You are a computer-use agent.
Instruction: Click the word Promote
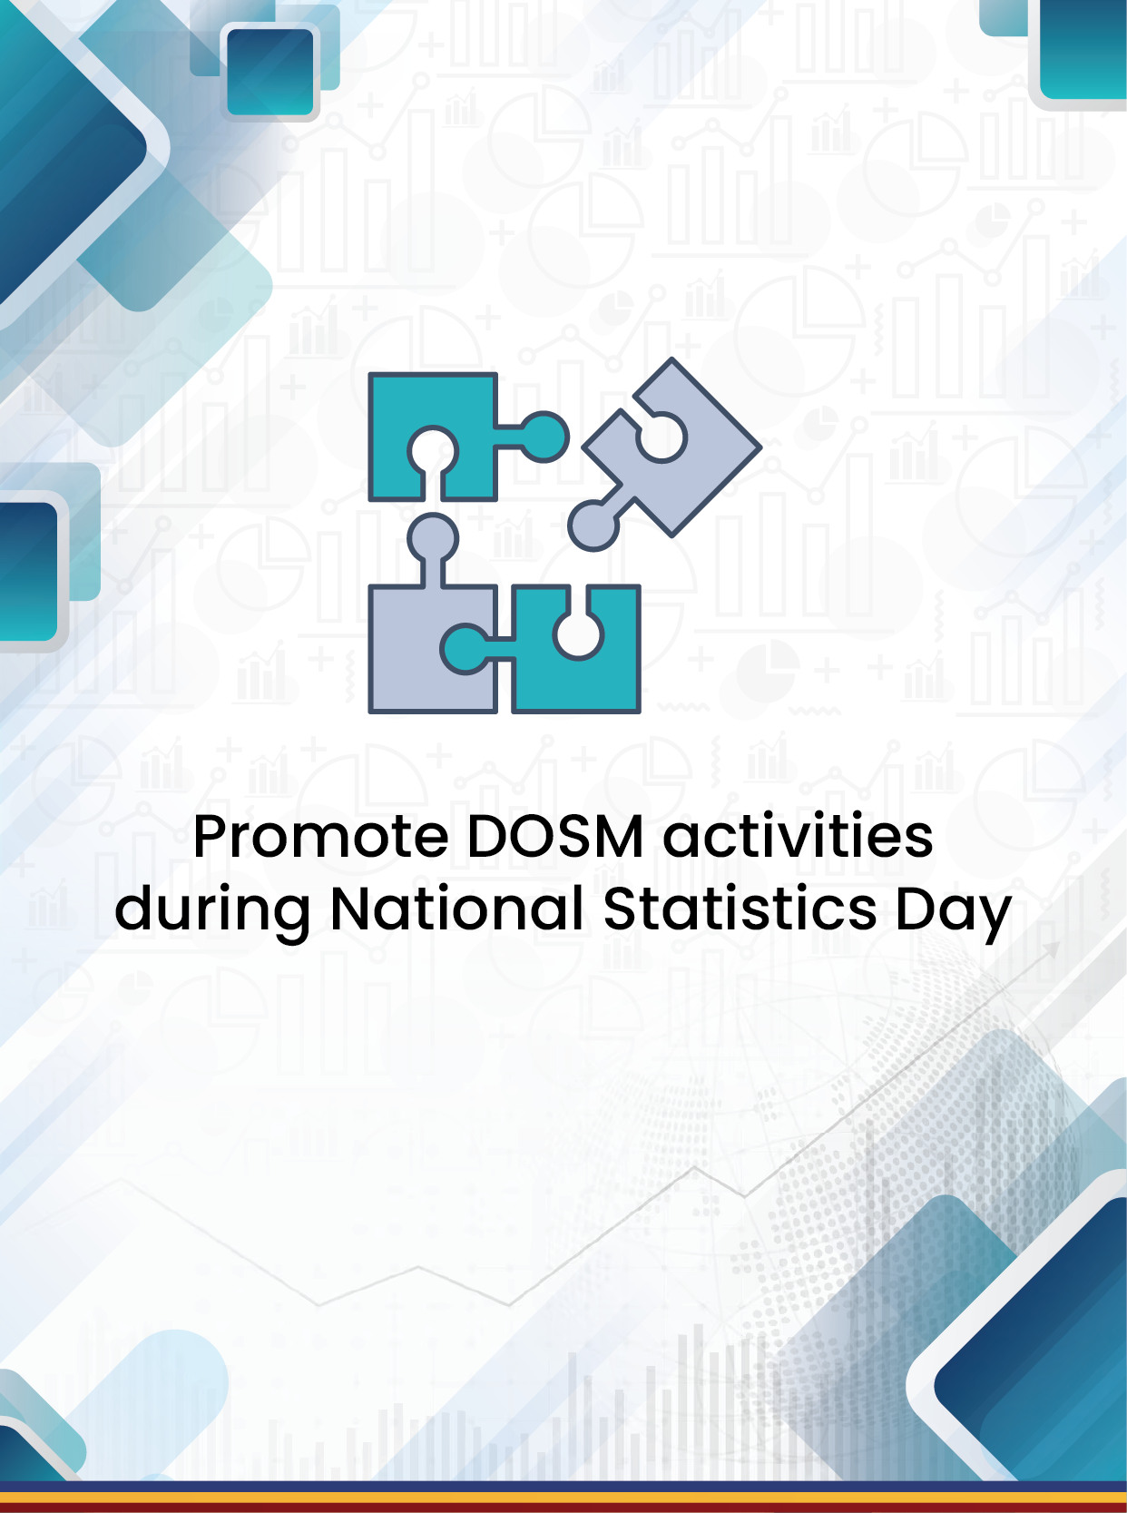click(x=320, y=836)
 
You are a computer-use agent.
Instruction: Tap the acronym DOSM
click(x=555, y=836)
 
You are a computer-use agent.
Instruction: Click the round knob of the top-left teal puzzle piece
click(x=544, y=437)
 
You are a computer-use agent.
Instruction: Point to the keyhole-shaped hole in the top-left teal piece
click(x=433, y=458)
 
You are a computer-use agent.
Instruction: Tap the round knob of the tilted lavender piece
click(x=593, y=526)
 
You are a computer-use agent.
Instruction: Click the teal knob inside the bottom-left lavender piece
click(x=465, y=648)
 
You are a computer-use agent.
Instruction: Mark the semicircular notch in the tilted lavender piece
click(x=661, y=437)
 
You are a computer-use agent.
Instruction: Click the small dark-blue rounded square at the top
click(x=270, y=73)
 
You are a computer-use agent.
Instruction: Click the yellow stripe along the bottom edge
click(x=563, y=1498)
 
